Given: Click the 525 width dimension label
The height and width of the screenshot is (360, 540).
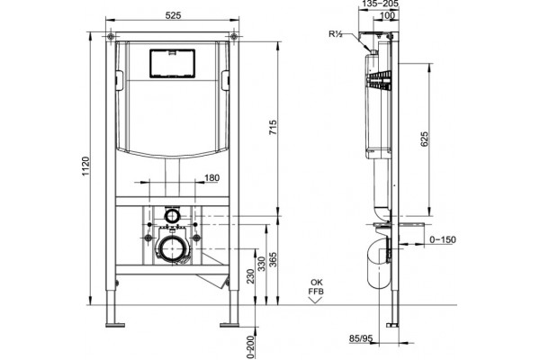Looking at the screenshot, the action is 173,15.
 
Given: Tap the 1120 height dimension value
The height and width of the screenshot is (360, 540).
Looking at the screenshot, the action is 85,166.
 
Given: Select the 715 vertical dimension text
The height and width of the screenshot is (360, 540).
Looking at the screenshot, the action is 273,128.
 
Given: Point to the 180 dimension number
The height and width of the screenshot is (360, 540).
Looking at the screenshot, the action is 212,178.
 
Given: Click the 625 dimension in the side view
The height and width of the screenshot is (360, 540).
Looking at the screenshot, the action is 424,139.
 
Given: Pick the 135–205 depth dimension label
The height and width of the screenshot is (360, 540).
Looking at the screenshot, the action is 381,4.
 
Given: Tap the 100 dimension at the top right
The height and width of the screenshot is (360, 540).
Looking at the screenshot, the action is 387,15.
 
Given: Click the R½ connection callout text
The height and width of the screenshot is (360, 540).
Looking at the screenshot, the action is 335,34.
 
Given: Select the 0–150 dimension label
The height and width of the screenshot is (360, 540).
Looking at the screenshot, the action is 443,239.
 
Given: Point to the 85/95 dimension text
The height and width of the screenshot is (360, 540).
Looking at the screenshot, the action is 361,338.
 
